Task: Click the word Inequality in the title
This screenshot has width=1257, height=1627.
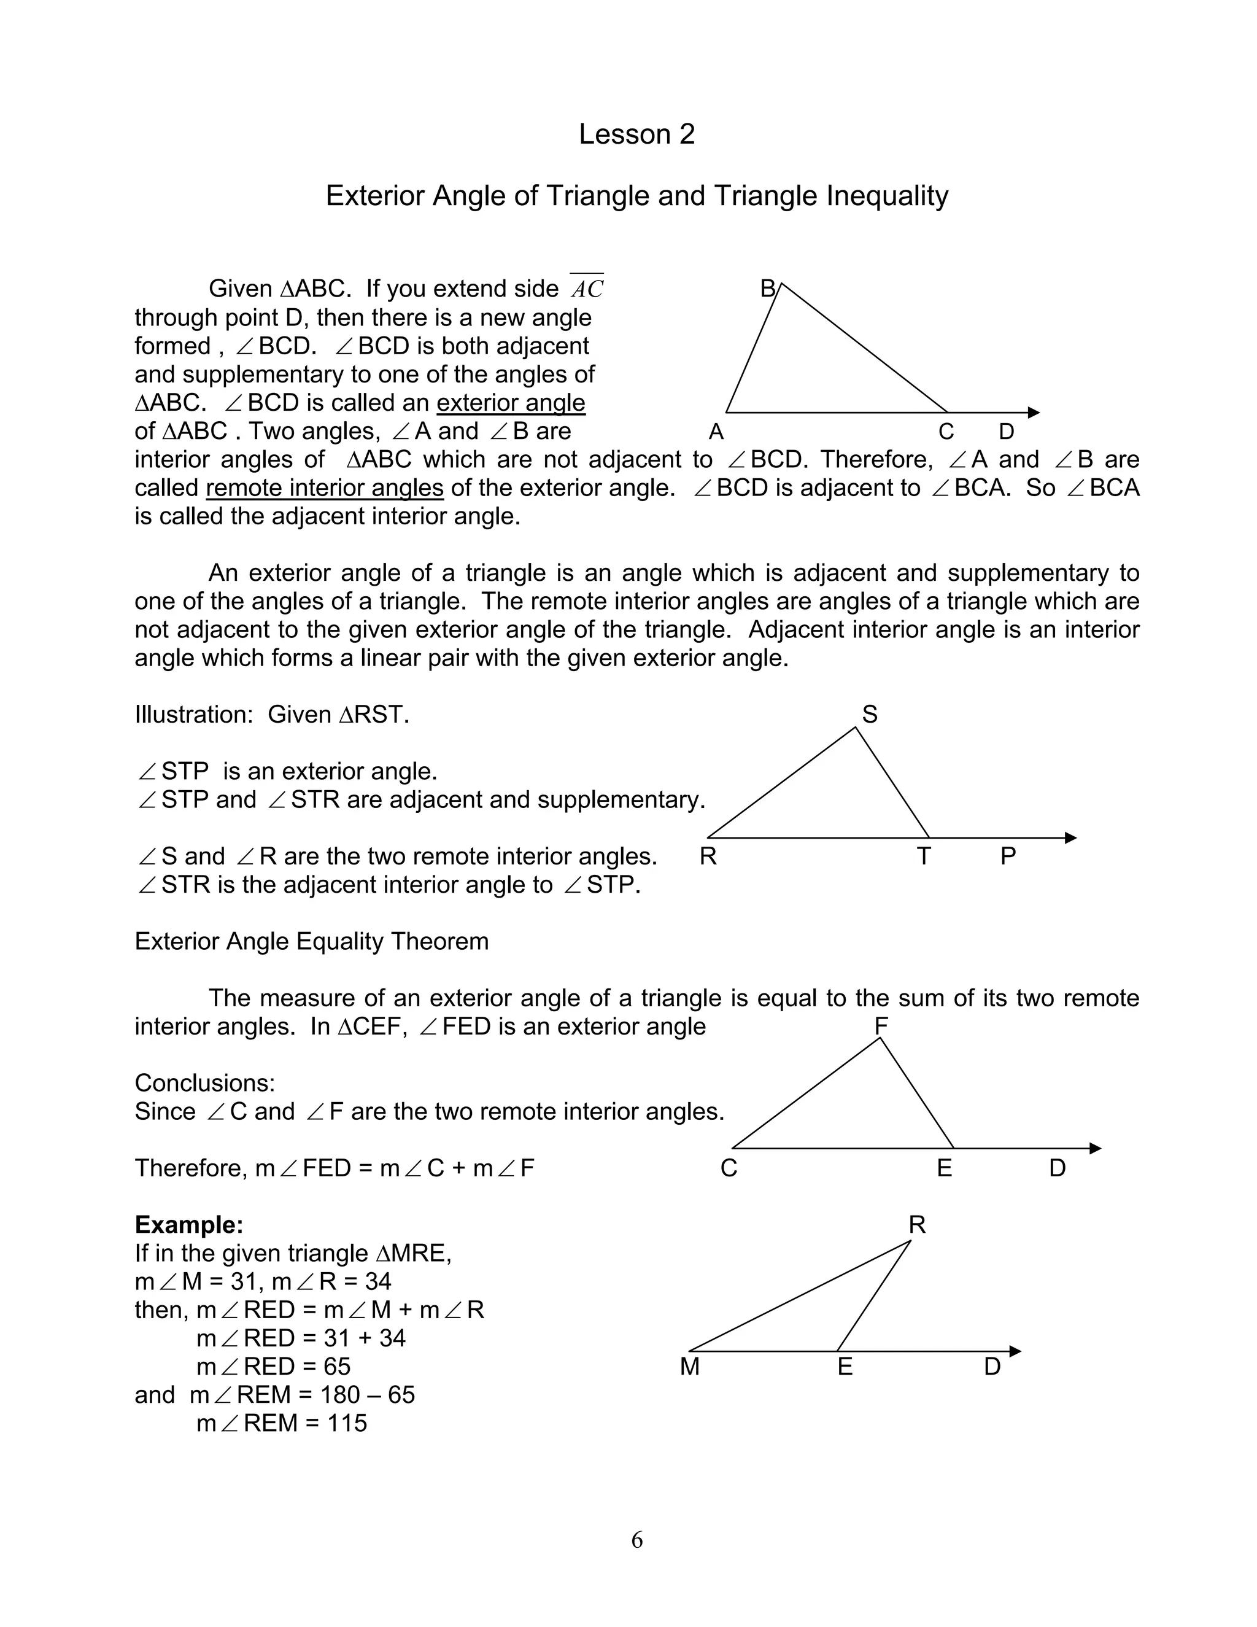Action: [x=887, y=196]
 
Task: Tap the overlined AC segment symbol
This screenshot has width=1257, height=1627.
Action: [x=587, y=289]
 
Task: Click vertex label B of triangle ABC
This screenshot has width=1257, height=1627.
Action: [x=768, y=289]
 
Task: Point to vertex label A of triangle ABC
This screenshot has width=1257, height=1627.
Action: [x=716, y=432]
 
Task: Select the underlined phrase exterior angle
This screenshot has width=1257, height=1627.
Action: [x=511, y=403]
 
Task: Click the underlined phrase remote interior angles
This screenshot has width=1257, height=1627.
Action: [x=325, y=488]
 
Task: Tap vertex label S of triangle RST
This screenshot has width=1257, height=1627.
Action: [x=869, y=715]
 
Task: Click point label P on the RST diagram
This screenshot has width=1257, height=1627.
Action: [x=1008, y=856]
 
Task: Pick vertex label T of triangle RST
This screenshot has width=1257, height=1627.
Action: [x=923, y=856]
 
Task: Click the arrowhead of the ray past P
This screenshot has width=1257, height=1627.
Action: [x=1071, y=838]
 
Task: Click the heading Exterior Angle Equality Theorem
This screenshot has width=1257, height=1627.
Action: [x=311, y=942]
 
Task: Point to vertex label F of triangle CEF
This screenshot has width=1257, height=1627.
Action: [x=881, y=1027]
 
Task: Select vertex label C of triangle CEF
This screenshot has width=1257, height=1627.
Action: [x=729, y=1168]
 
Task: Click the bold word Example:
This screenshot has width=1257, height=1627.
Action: [x=188, y=1225]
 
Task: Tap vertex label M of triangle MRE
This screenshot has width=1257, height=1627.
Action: [x=689, y=1367]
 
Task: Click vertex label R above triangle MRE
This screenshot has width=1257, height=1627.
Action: [x=917, y=1225]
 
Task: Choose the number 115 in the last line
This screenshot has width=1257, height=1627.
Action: [x=347, y=1424]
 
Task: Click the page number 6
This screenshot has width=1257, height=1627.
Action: [x=636, y=1540]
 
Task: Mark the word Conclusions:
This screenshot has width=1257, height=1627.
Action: [x=205, y=1083]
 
